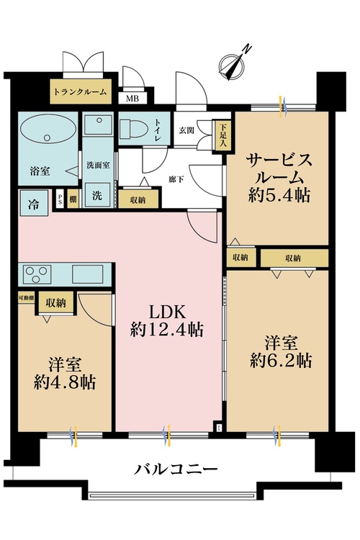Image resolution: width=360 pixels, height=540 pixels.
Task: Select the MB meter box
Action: coord(133,99)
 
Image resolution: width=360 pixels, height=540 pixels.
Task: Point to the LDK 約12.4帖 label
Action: coord(167,320)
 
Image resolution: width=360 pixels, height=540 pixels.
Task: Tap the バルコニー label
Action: coord(176,470)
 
